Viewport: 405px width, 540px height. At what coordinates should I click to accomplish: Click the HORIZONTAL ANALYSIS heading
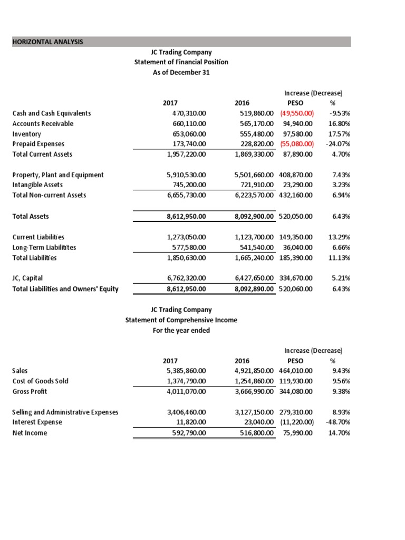tap(47, 42)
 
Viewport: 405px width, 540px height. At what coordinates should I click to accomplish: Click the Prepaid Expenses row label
tap(38, 144)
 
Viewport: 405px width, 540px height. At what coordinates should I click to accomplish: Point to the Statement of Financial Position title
tap(181, 62)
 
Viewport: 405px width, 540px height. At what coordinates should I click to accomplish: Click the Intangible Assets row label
tap(37, 185)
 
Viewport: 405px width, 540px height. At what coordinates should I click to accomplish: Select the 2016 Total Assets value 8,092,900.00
tap(254, 216)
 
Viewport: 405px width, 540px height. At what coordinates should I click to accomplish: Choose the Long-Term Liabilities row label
tap(44, 247)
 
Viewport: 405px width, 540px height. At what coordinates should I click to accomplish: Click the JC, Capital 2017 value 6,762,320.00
tap(186, 278)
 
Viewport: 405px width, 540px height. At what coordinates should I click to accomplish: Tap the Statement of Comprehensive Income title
tap(181, 320)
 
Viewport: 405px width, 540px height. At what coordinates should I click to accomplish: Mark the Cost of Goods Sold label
tap(40, 381)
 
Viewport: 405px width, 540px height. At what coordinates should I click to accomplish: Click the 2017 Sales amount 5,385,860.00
tap(186, 371)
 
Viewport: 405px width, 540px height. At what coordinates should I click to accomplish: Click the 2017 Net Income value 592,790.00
tap(189, 433)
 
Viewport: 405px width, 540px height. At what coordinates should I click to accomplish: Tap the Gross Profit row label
tap(30, 391)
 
